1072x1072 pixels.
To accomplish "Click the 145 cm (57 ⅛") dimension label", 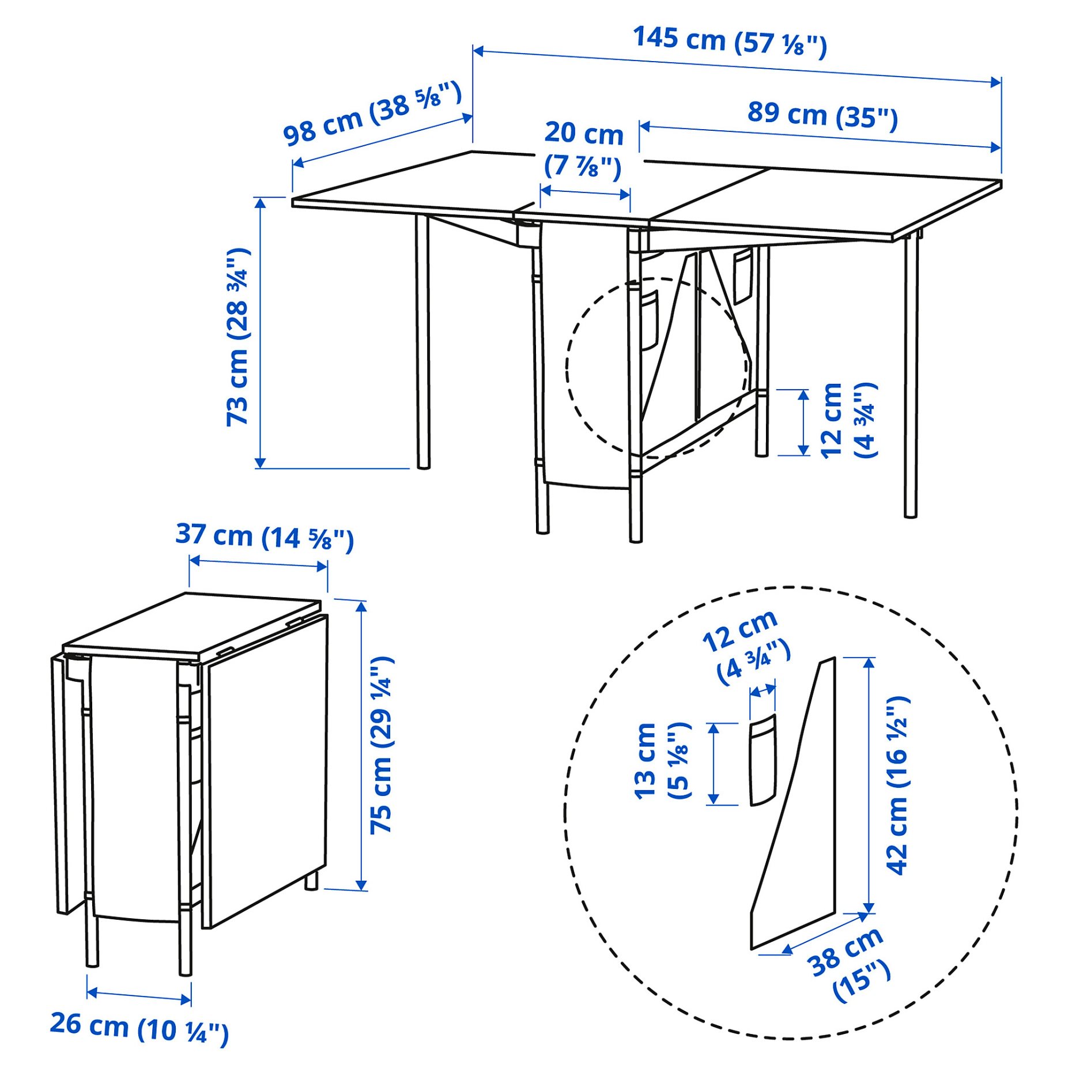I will click(x=729, y=41).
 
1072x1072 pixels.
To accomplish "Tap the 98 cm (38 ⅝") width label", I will click(x=372, y=114).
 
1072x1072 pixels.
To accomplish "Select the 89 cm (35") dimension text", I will click(x=822, y=115).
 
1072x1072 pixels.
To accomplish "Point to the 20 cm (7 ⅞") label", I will click(x=583, y=149).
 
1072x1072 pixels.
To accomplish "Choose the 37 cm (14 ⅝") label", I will click(x=265, y=537).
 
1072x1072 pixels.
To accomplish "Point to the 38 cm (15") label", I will click(x=848, y=964).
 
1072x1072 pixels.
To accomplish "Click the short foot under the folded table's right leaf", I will click(x=311, y=881).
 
